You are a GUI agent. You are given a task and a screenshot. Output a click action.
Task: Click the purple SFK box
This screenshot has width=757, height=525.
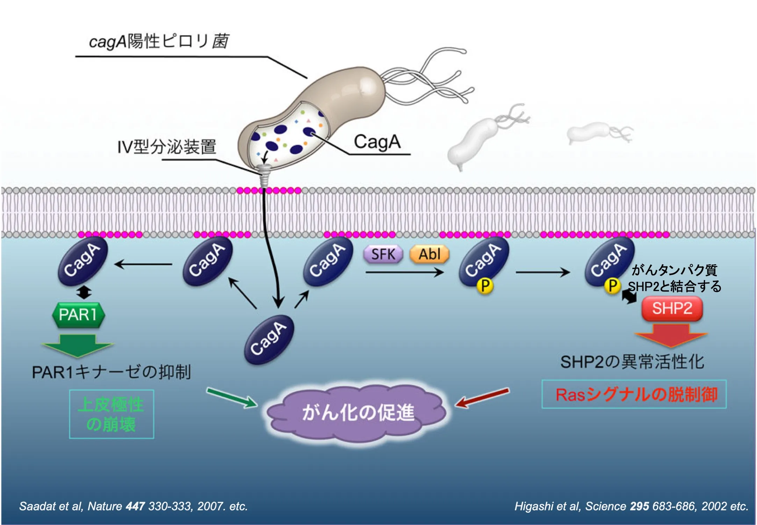pyautogui.click(x=383, y=254)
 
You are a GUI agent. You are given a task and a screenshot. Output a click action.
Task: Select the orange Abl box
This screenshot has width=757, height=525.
pyautogui.click(x=430, y=254)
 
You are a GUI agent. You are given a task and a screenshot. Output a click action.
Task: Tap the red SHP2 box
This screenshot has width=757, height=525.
pyautogui.click(x=672, y=308)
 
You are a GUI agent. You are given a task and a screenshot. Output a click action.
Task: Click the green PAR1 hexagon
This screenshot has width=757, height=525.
pyautogui.click(x=78, y=315)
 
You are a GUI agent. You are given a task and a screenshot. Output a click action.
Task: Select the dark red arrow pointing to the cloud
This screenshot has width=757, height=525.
pyautogui.click(x=483, y=398)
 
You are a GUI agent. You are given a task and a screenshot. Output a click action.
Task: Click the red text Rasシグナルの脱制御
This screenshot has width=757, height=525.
pyautogui.click(x=636, y=394)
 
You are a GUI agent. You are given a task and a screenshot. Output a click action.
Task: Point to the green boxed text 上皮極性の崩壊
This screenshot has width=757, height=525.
pyautogui.click(x=111, y=414)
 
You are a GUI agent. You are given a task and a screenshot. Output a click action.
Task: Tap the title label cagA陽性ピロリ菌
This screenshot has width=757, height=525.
pyautogui.click(x=159, y=41)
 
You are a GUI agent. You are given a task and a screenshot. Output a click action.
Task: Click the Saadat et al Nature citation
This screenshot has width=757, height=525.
pyautogui.click(x=133, y=506)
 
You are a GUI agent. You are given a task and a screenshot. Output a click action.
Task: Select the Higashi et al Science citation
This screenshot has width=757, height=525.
pyautogui.click(x=631, y=506)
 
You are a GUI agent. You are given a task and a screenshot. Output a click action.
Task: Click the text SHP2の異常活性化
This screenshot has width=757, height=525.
pyautogui.click(x=632, y=362)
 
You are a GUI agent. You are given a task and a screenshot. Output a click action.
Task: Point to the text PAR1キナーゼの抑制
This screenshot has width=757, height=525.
pyautogui.click(x=111, y=372)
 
